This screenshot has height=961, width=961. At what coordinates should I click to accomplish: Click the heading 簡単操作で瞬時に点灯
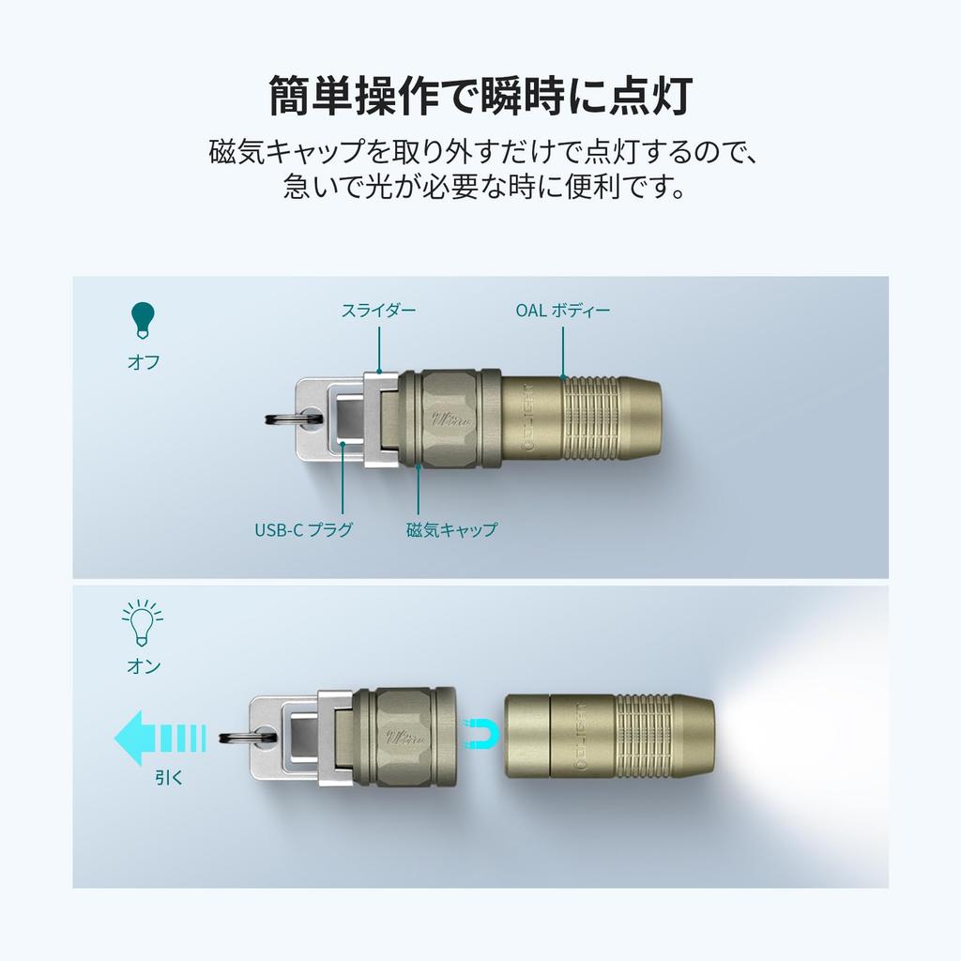point(480,95)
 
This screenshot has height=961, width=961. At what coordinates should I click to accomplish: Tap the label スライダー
point(377,310)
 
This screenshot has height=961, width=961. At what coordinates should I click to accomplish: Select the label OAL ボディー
point(562,310)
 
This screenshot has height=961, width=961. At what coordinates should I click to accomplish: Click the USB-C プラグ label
point(304,530)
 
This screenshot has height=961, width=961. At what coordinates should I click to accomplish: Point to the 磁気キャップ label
point(451,530)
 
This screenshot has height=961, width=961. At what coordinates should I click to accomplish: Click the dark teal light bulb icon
point(143,320)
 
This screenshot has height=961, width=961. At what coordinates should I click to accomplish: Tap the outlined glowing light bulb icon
point(143,622)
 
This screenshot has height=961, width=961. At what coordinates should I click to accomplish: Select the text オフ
point(143,362)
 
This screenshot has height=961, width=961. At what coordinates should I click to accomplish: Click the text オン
point(143,667)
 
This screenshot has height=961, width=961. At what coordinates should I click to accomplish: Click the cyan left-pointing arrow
point(158,738)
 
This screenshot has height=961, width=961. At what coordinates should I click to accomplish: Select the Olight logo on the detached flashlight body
point(587,739)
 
